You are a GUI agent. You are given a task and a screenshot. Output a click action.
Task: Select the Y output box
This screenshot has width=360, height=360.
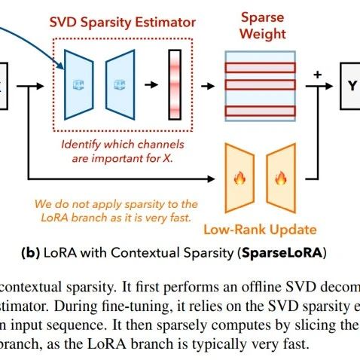[x=350, y=84]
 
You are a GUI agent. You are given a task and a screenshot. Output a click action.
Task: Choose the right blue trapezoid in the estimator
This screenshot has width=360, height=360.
[x=118, y=84]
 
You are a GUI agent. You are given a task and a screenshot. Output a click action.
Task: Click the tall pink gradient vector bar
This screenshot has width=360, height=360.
[x=175, y=84]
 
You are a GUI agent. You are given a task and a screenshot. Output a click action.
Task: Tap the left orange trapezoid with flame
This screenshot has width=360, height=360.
[x=240, y=178]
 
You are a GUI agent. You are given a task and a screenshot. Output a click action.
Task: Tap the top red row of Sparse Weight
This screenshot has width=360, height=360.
[x=259, y=66]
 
